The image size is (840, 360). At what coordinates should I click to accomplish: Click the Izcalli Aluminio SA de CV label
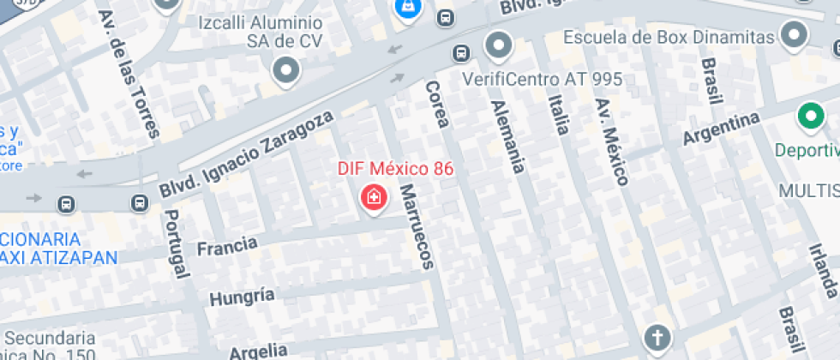pos(260,32)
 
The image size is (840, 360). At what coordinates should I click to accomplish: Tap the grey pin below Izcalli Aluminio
pos(286,69)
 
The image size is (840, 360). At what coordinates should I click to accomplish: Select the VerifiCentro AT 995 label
pos(542,79)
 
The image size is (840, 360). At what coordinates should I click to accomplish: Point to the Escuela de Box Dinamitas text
pos(669,37)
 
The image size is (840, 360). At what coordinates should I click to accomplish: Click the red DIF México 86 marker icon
pos(374,199)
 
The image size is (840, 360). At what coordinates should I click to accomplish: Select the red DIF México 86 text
pos(395,168)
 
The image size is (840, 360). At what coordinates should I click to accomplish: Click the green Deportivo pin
pos(808,116)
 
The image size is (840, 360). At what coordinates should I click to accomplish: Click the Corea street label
pos(436,104)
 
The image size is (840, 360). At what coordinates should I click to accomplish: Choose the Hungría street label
pos(243,297)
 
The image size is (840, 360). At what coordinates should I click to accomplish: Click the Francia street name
pos(227,247)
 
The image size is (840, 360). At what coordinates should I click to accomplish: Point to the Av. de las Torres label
pos(129,74)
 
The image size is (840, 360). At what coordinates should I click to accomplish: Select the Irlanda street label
pos(823,270)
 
